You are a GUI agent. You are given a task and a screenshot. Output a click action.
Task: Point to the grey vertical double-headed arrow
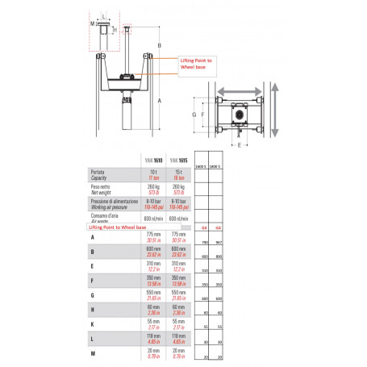(277, 115)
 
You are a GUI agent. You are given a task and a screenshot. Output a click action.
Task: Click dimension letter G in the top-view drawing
(194, 115)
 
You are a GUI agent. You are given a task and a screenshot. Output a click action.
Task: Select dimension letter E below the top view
(240, 146)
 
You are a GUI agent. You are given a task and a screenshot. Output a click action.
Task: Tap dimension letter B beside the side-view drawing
(160, 46)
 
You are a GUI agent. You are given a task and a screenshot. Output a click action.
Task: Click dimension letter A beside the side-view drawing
(160, 101)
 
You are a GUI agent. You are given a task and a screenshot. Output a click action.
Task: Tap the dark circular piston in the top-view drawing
(240, 115)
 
